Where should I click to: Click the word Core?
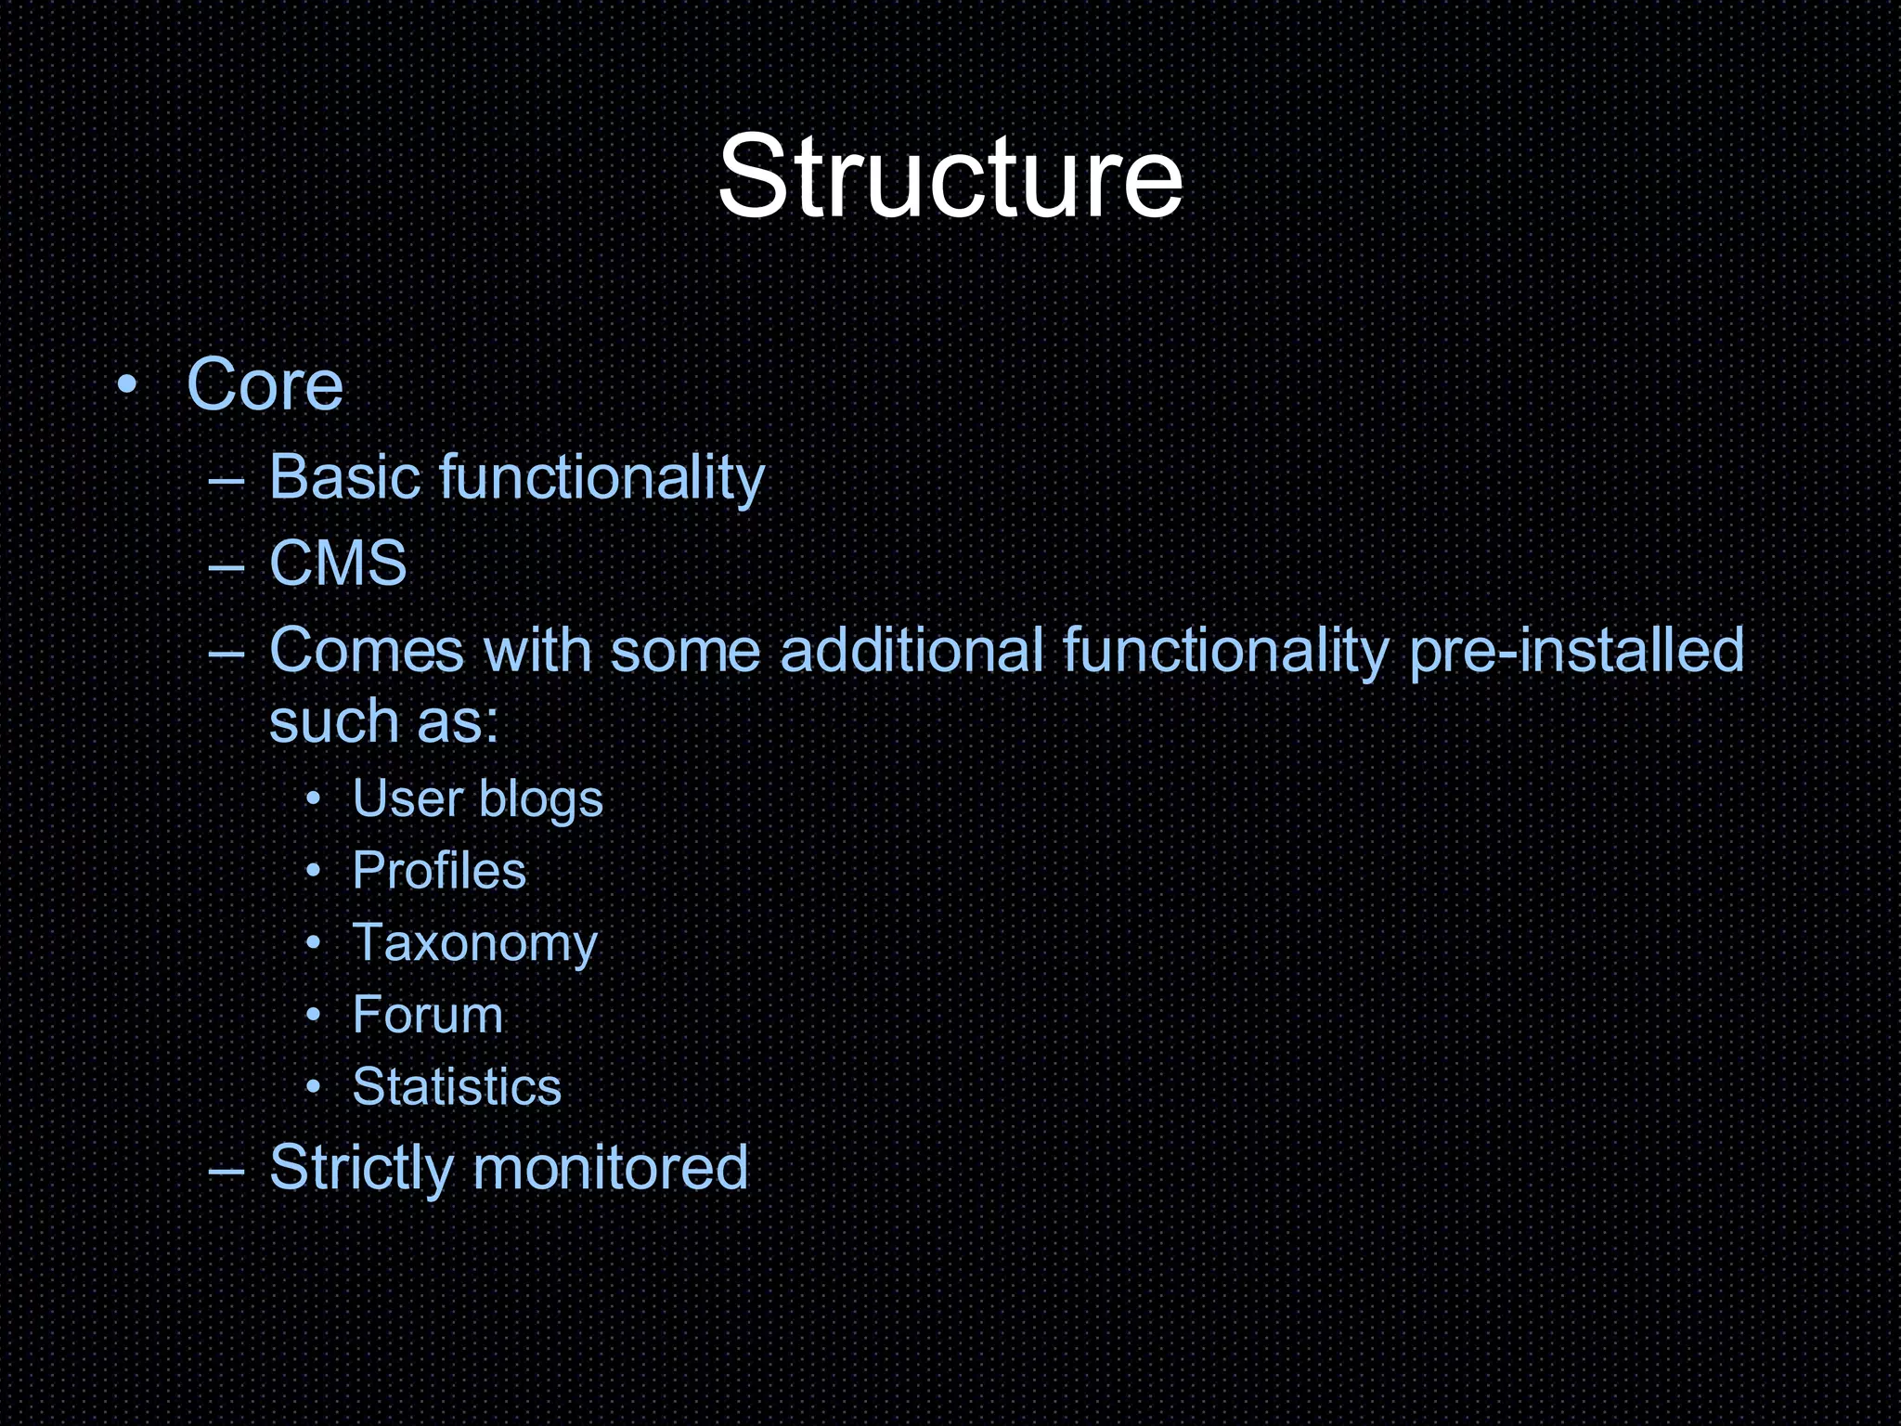click(x=265, y=384)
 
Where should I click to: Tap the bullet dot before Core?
click(x=127, y=384)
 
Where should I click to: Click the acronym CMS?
click(x=338, y=563)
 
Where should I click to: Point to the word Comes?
click(x=367, y=650)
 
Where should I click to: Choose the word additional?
click(x=912, y=650)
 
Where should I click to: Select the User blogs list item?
click(x=477, y=798)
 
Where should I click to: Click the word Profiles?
click(x=439, y=871)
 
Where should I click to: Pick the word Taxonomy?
click(x=474, y=943)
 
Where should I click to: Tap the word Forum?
click(x=427, y=1014)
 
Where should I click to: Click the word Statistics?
click(x=457, y=1086)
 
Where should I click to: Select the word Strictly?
click(x=360, y=1168)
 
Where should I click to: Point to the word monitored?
click(x=610, y=1168)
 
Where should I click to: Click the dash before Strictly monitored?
click(x=226, y=1171)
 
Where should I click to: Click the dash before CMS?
click(x=226, y=565)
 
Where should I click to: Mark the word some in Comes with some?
click(x=685, y=650)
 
